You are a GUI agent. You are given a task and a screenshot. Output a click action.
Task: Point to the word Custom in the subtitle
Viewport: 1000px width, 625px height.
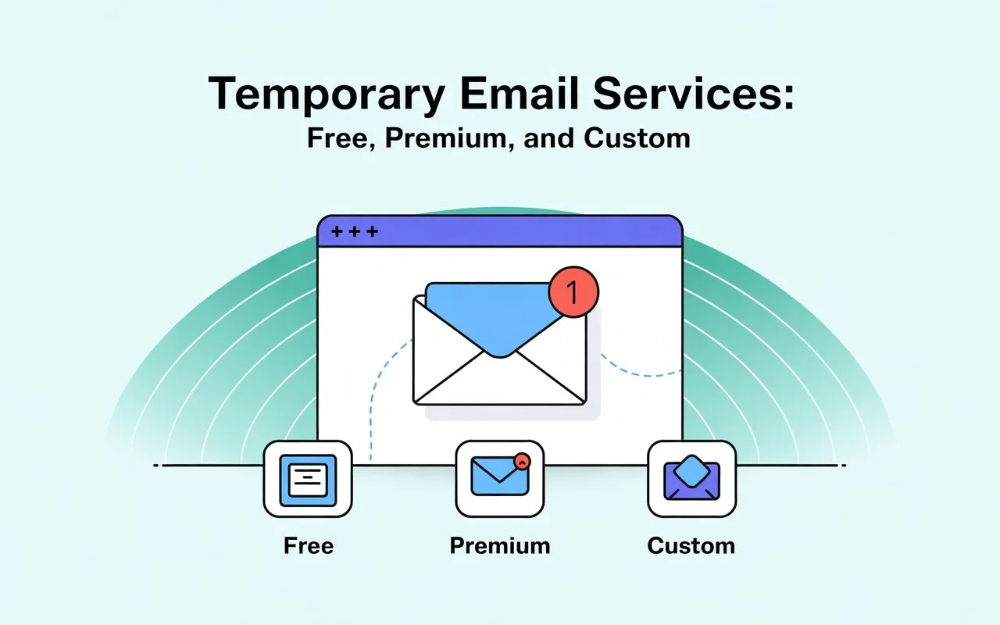pos(637,138)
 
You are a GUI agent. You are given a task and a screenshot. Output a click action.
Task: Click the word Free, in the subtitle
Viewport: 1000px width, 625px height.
pos(341,138)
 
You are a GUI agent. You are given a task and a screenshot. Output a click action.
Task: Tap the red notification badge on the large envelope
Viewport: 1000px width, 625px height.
pos(573,291)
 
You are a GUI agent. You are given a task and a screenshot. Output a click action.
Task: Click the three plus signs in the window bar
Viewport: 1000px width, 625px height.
pos(355,231)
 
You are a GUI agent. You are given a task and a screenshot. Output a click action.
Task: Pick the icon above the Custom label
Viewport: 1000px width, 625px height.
pos(691,479)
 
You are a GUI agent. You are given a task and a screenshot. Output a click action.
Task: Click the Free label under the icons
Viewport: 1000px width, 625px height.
pos(309,545)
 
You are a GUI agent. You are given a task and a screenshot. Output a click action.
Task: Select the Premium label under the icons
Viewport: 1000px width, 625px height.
pos(500,545)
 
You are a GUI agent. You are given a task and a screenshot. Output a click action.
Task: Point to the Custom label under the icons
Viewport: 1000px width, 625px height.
pos(691,545)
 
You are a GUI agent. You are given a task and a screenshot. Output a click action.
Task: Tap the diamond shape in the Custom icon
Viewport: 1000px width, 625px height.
pos(691,471)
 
